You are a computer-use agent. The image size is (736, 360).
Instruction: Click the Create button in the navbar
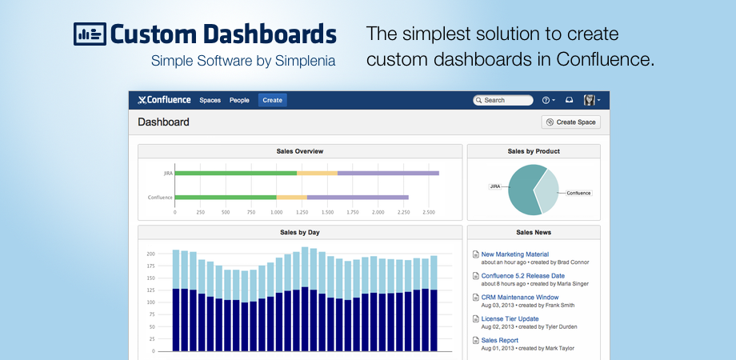(272, 100)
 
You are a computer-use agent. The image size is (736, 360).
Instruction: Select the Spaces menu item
(210, 100)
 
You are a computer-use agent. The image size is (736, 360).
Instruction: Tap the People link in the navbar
(239, 100)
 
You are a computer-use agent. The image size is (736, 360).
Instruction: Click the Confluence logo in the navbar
(165, 100)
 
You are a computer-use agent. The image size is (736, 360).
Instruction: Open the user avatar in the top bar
(590, 100)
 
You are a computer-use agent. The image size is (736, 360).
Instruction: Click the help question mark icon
(547, 100)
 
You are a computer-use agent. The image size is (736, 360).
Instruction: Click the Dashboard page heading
(163, 122)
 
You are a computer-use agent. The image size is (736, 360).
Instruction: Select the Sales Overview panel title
(301, 151)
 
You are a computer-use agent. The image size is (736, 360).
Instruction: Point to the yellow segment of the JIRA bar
(317, 173)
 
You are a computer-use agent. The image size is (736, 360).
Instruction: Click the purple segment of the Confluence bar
(358, 197)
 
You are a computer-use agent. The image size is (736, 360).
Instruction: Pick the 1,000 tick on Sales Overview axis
(274, 213)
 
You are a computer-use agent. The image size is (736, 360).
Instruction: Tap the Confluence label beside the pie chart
(578, 193)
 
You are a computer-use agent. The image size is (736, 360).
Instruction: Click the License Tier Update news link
(510, 318)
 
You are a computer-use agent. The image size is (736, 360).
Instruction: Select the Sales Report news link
(499, 340)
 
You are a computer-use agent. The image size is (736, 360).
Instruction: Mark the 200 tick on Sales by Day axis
(150, 254)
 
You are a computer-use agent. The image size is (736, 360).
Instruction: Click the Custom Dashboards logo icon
(90, 34)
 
